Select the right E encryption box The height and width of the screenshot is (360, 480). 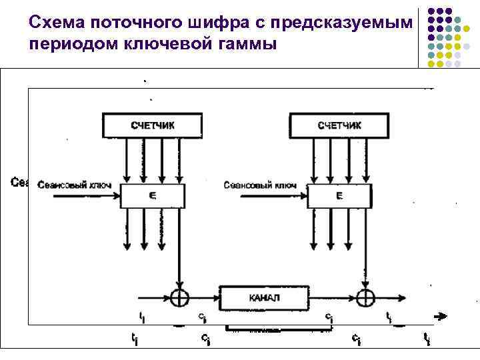(338, 196)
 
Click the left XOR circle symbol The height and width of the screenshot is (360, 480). (178, 297)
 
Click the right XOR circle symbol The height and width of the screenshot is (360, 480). (365, 297)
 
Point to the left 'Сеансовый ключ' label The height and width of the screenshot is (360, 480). (65, 185)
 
